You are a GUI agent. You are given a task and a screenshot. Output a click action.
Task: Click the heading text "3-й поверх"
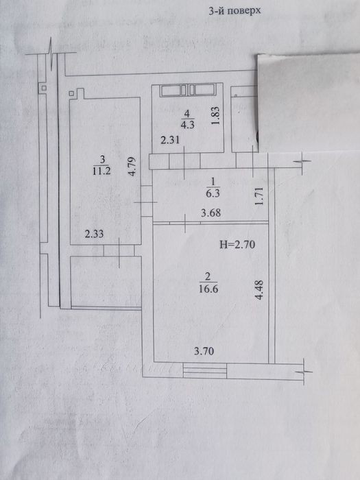tap(235, 11)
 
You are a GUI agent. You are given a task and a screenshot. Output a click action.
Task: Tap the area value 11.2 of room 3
tap(101, 171)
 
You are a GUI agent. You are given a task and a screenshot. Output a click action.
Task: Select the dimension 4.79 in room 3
tap(132, 167)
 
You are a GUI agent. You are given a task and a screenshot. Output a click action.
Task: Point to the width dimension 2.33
tap(95, 235)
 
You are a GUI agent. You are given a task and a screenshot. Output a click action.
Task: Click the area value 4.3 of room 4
tap(187, 125)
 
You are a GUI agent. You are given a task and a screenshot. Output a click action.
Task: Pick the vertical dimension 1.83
tap(215, 115)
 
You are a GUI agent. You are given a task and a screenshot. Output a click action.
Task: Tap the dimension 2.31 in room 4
tap(170, 140)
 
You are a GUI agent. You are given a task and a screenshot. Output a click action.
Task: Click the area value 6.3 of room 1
tap(213, 193)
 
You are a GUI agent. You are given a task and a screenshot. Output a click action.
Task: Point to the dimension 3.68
tap(211, 213)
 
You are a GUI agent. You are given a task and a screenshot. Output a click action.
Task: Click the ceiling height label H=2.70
tap(237, 245)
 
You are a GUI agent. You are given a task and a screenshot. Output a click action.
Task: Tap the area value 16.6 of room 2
tap(208, 289)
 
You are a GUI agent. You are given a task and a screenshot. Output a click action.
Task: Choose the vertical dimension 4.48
tap(259, 289)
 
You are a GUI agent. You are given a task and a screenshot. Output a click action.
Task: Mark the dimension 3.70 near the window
tap(204, 351)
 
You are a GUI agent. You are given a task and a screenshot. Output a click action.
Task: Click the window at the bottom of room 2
tap(205, 370)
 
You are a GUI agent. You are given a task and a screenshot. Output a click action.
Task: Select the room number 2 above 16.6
tap(208, 277)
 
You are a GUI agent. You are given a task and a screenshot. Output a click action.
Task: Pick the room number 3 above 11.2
tap(102, 160)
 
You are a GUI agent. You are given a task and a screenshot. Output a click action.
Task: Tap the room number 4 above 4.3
tap(187, 114)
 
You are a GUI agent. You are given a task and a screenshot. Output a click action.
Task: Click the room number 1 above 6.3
tap(213, 182)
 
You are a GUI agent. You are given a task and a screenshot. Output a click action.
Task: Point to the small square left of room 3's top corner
tap(71, 93)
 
